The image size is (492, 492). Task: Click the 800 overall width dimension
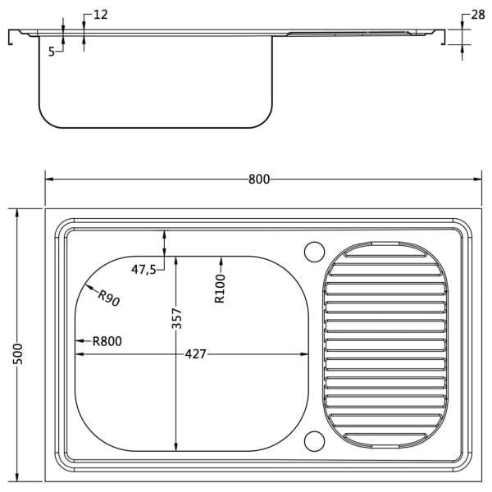coord(259,180)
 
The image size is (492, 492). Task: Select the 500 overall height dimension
coord(18,354)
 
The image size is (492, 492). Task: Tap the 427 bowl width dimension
coord(195,354)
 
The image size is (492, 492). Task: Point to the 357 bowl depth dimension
coord(176,318)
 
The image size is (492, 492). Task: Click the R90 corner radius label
coord(108,298)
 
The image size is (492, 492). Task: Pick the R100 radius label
coord(220,289)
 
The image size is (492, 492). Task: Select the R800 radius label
coord(107,341)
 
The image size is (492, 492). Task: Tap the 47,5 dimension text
coord(143,269)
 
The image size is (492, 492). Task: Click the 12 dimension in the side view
coord(101,15)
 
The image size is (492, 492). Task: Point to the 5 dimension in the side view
coord(52,52)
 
